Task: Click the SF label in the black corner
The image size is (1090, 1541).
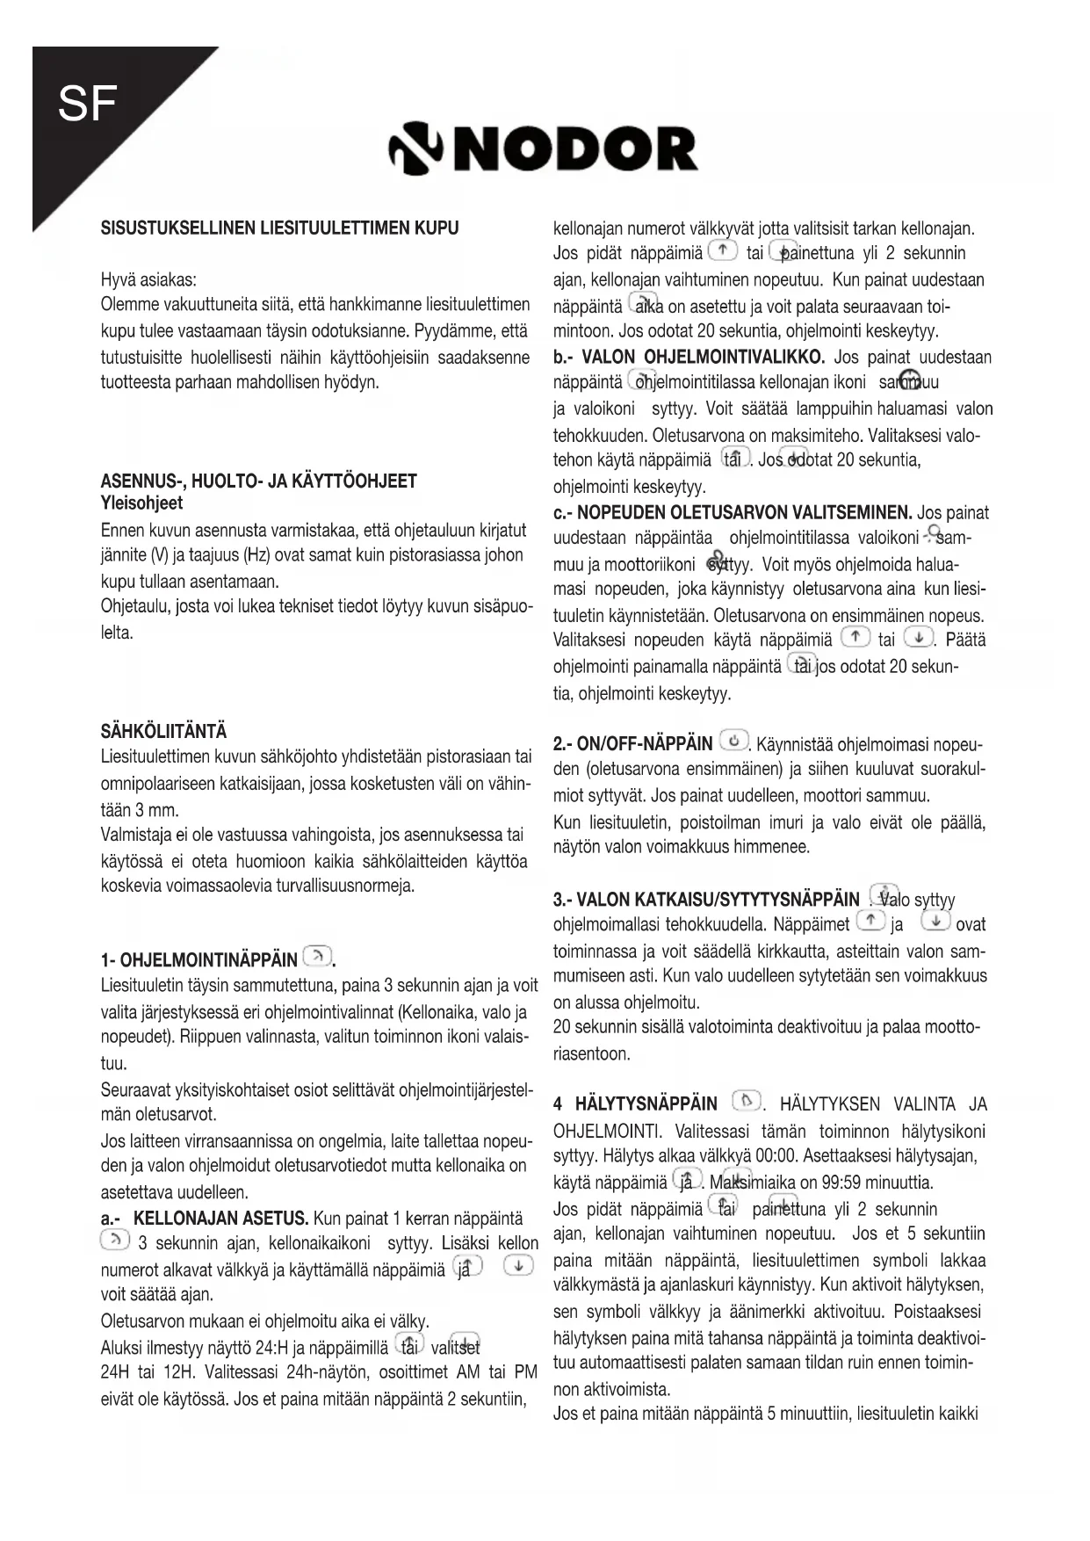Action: pos(87,105)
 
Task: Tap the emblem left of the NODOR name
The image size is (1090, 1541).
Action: pos(419,150)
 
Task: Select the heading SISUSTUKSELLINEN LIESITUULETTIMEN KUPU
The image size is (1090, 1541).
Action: pos(279,228)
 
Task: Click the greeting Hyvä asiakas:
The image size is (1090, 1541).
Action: pos(149,280)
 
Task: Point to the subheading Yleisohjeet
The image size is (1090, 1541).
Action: pos(141,503)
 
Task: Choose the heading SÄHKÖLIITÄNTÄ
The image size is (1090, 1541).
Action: pos(163,732)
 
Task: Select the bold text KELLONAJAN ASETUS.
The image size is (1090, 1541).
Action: pos(220,1219)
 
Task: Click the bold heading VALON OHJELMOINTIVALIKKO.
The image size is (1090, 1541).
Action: pos(703,357)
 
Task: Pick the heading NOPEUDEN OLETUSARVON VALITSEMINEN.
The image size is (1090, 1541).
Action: pos(745,512)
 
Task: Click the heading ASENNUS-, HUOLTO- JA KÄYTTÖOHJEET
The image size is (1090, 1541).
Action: pos(259,481)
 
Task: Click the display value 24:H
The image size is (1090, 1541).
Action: pos(271,1349)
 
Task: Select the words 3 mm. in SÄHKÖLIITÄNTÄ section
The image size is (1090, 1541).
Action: pos(157,810)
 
